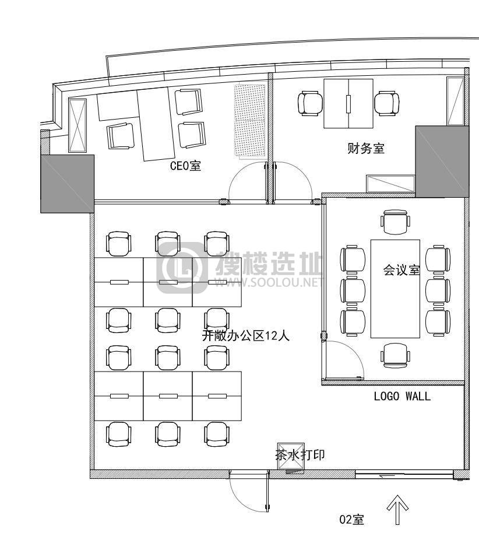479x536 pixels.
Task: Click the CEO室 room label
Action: click(x=185, y=166)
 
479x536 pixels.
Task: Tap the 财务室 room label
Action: click(x=366, y=148)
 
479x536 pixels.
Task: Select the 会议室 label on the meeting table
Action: click(x=401, y=269)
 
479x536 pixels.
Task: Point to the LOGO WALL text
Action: click(x=402, y=396)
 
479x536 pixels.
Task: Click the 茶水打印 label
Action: click(x=300, y=455)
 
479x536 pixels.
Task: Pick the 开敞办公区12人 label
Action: click(x=246, y=336)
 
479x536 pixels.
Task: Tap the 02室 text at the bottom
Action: click(x=352, y=520)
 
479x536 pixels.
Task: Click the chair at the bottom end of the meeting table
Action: click(x=395, y=356)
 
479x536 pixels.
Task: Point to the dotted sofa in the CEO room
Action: click(x=250, y=122)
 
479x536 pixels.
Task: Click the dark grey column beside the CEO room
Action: click(x=68, y=184)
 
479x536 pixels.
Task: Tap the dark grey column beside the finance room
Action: click(x=442, y=162)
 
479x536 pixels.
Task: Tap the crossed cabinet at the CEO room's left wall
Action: click(x=78, y=125)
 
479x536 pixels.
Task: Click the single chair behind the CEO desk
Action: click(x=120, y=136)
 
